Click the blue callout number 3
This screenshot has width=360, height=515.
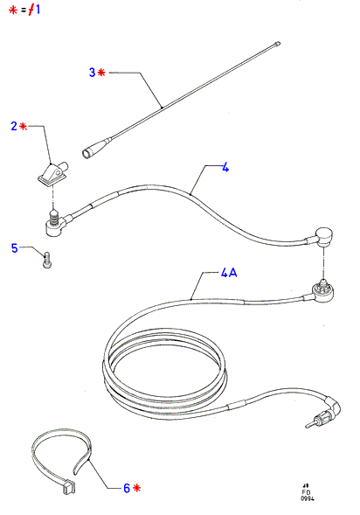(x=93, y=73)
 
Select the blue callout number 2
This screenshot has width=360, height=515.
(x=14, y=126)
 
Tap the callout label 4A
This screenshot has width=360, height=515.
(x=229, y=273)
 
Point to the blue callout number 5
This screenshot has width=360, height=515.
(x=15, y=248)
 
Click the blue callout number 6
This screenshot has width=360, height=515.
(x=127, y=488)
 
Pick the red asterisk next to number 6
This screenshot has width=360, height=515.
(x=137, y=488)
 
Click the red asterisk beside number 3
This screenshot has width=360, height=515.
(x=101, y=72)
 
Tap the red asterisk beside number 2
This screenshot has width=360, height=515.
(x=24, y=126)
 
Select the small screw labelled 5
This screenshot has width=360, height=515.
(x=47, y=260)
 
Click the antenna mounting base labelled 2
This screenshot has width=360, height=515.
(x=52, y=173)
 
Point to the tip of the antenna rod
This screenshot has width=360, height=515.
(x=279, y=43)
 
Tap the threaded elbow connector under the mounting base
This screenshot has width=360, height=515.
(x=55, y=223)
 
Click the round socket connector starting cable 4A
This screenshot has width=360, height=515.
(x=323, y=290)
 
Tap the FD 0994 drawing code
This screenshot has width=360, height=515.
(x=308, y=493)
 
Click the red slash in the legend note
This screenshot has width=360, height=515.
(x=31, y=10)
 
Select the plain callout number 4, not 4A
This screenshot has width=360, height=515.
(x=225, y=168)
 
